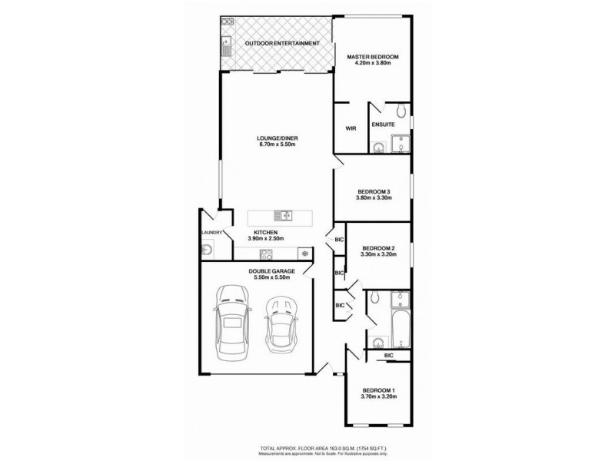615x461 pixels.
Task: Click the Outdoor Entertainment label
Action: click(281, 44)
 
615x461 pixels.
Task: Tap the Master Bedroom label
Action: click(372, 57)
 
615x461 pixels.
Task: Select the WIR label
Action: click(351, 128)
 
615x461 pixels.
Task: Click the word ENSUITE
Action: click(383, 123)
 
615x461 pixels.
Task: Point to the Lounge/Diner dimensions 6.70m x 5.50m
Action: click(278, 145)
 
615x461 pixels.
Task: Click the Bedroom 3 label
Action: click(374, 191)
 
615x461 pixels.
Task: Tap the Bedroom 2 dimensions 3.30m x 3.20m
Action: click(378, 254)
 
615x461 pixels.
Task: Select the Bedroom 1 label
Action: click(380, 390)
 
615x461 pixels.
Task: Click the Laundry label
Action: click(211, 232)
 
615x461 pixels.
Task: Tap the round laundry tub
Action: click(208, 248)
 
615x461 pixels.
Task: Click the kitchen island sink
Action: click(284, 216)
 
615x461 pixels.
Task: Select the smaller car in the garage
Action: click(280, 326)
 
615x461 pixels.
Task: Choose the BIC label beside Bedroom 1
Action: click(389, 355)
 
